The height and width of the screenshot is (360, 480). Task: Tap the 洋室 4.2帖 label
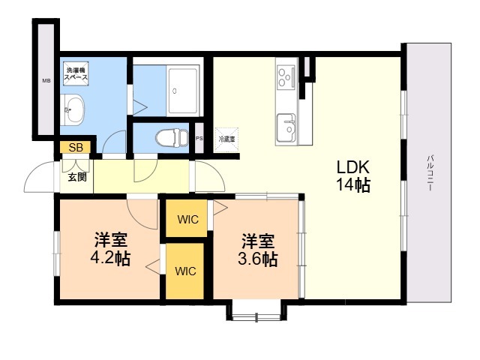(x=110, y=250)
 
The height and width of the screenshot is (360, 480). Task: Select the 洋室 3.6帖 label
(x=257, y=250)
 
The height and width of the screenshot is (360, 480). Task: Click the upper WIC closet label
(x=187, y=220)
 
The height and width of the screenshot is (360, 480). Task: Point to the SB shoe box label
(x=75, y=148)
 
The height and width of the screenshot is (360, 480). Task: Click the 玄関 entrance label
(x=76, y=178)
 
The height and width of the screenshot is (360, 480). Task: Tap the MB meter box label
(x=46, y=79)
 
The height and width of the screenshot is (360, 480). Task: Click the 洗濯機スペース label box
(x=75, y=73)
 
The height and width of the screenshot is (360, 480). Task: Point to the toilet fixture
(x=171, y=137)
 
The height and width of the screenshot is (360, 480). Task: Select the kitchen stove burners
(x=286, y=75)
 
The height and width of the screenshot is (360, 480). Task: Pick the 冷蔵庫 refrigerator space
(x=226, y=139)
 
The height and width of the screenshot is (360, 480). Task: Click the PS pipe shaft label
(x=199, y=139)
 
